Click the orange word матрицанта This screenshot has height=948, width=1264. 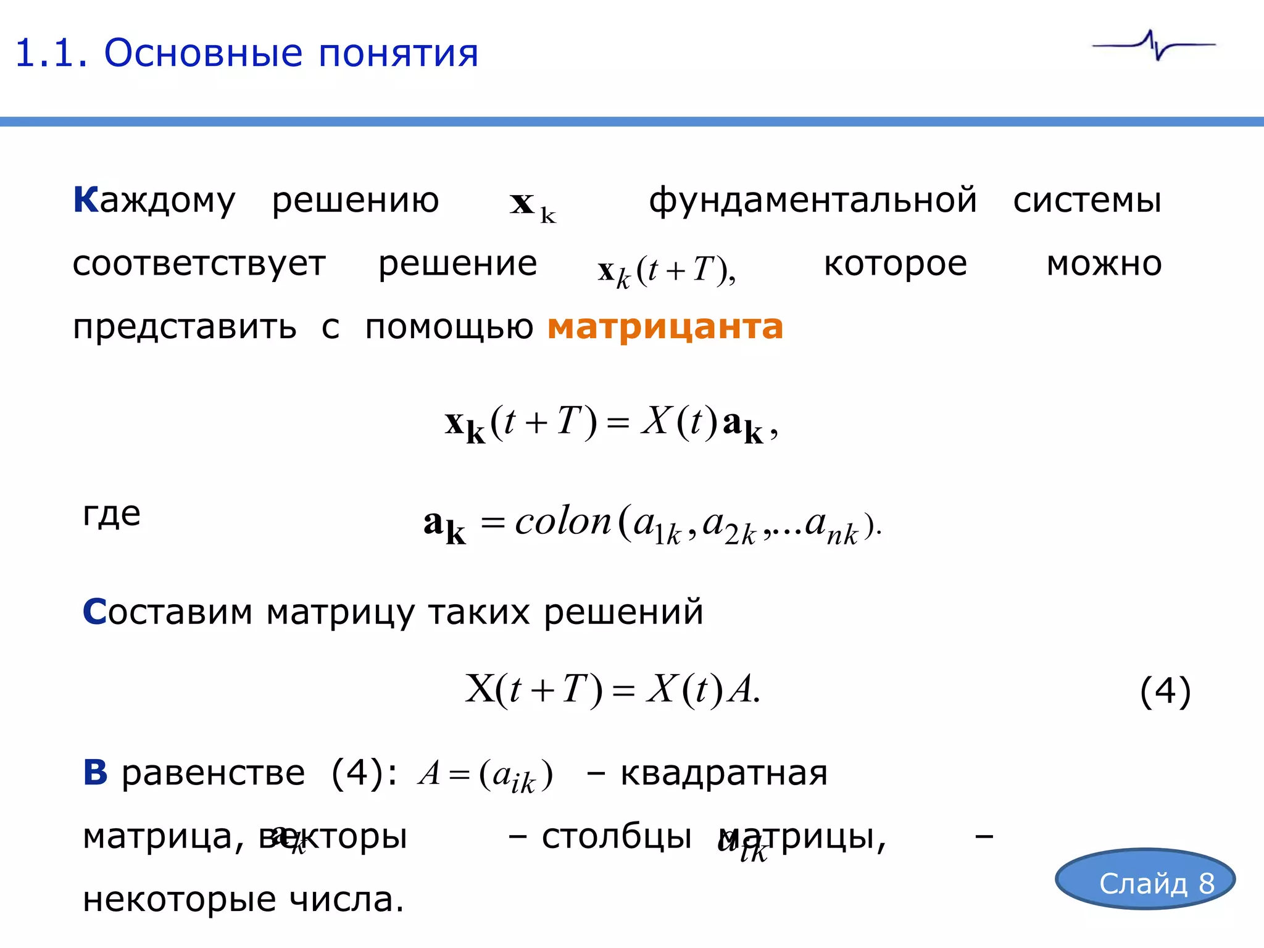(665, 327)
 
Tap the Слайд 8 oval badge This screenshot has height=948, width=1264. (1145, 879)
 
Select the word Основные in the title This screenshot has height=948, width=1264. (203, 53)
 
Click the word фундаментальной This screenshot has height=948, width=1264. (813, 201)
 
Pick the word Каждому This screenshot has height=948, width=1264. (154, 201)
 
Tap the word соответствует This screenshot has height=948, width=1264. (199, 264)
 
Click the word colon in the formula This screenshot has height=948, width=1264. (562, 522)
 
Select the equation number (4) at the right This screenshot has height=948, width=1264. (1165, 691)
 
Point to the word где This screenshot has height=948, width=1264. (112, 514)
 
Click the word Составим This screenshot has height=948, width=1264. (167, 612)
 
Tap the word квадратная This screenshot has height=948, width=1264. (723, 773)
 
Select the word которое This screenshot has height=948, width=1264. (895, 264)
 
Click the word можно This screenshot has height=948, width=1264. (1104, 264)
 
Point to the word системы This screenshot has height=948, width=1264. (1087, 201)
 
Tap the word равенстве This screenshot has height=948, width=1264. (213, 773)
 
